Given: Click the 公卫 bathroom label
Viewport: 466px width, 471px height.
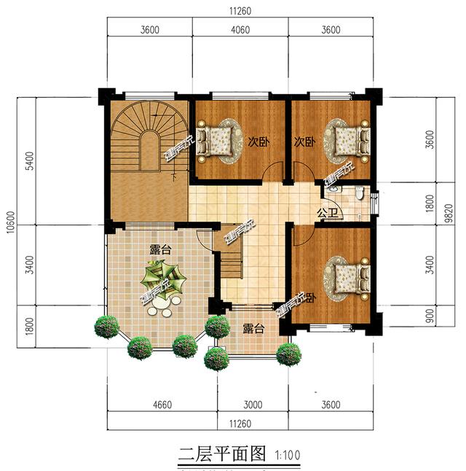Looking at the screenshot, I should (x=326, y=213).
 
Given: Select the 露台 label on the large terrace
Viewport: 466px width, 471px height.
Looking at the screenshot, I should (x=160, y=249).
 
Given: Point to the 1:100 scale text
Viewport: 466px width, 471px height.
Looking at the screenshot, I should (x=288, y=455).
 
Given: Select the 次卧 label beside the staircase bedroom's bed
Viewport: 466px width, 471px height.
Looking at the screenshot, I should (x=254, y=141).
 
